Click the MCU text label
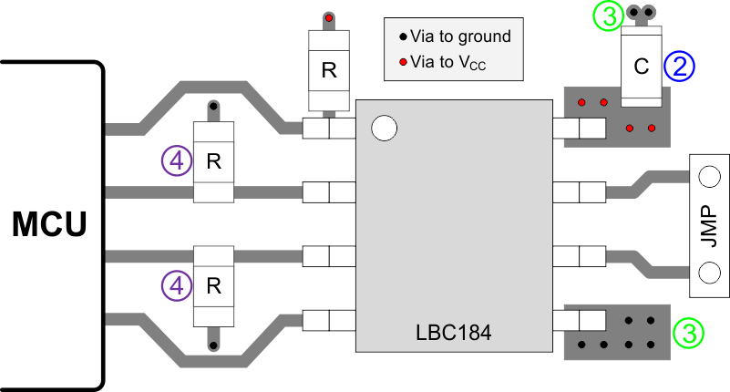pos(50,223)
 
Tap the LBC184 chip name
pos(447,333)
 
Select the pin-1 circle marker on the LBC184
pos(385,129)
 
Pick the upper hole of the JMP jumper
pos(709,175)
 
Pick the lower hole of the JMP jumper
pos(709,272)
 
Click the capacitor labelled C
pos(641,67)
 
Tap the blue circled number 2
pos(680,66)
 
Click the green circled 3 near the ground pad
pos(689,334)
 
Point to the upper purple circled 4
pos(176,161)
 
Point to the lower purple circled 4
pos(176,285)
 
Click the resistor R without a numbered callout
pos(329,71)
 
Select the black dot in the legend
pos(402,38)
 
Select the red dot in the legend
pos(402,63)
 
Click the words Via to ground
pos(460,38)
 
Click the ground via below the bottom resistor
pos(214,345)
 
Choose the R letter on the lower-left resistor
pos(214,285)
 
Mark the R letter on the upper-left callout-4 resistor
pos(214,161)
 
